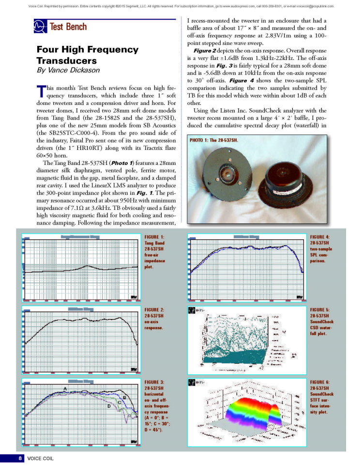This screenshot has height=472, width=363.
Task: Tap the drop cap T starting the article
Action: coord(41,91)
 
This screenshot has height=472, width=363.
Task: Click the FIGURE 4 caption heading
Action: coord(320,236)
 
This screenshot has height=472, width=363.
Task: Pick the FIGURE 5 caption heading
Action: coord(320,309)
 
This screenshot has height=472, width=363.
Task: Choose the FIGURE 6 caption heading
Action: coord(320,382)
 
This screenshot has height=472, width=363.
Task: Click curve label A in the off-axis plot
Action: coord(65,388)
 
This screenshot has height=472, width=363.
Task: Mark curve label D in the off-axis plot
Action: coord(109,406)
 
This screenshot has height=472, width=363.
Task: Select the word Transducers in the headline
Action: coord(67,60)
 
